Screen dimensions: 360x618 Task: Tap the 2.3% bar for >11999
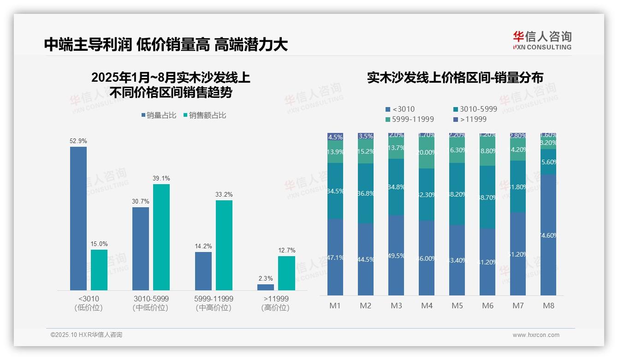click(266, 287)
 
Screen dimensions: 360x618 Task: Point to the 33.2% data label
click(224, 195)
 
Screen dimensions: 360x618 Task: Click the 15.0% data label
click(99, 244)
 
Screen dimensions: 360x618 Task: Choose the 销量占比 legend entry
click(159, 115)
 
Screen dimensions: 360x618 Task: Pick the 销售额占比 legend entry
click(205, 115)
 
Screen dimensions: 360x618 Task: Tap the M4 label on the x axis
click(427, 306)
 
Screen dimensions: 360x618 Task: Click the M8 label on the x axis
click(548, 306)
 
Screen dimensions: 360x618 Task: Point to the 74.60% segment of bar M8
click(548, 235)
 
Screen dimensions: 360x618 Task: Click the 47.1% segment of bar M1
click(335, 257)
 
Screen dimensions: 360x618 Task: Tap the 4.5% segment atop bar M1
click(335, 137)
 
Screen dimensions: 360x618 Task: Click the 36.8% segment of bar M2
click(366, 193)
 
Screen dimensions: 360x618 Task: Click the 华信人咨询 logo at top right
click(542, 40)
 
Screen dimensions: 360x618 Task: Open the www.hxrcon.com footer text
click(536, 335)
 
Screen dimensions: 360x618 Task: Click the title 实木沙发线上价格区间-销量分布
click(455, 78)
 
